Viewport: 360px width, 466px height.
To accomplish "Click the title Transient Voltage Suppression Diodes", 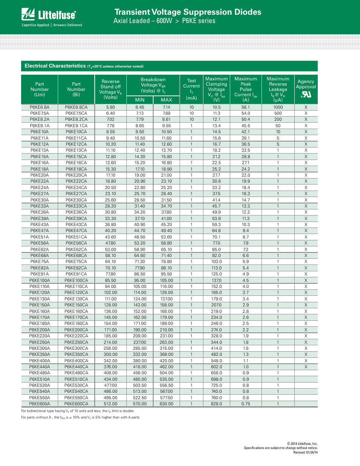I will coord(188,12).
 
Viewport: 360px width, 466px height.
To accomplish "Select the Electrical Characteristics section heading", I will coord(55,66).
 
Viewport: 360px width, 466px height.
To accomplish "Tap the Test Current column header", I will coord(191,89).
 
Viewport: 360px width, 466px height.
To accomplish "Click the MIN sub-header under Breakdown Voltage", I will coord(140,100).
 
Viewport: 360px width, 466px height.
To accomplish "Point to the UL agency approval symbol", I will coord(306,94).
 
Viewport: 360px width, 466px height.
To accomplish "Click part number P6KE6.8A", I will coord(40,107).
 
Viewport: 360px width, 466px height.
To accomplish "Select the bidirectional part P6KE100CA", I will coord(76,280).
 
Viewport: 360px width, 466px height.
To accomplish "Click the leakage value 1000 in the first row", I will coord(278,107).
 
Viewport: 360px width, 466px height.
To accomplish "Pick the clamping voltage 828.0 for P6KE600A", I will coord(216,404).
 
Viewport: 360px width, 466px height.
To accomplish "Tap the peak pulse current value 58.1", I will coord(246,107).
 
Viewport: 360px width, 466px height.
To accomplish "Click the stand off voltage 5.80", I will coord(111,107).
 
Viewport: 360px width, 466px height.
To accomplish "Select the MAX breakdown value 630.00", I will coord(166,404).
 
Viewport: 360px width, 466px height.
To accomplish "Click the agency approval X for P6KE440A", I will coord(306,367).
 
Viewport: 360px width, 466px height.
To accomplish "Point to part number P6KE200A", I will coord(40,330).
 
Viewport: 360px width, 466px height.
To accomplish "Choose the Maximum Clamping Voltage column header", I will coord(216,89).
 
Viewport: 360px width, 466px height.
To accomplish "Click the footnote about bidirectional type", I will coord(78,411).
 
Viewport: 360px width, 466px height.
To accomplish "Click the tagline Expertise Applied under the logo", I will coord(35,25).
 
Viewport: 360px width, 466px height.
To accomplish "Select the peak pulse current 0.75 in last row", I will coord(246,404).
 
